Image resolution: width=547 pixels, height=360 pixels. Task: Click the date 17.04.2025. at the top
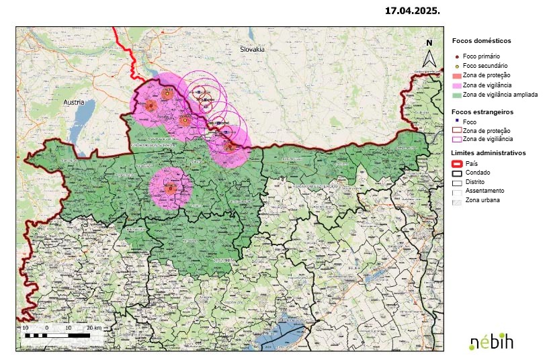[412, 11]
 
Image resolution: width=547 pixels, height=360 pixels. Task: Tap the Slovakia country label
[253, 50]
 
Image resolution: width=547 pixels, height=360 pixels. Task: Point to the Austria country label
[74, 102]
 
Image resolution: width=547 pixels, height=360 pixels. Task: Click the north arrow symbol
[429, 54]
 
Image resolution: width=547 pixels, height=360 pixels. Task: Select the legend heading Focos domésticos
[481, 40]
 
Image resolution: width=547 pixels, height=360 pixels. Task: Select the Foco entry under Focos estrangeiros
[470, 121]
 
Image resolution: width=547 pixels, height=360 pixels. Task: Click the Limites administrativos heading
[488, 152]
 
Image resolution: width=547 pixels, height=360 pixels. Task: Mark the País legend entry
[470, 163]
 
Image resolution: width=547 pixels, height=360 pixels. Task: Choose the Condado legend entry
[476, 173]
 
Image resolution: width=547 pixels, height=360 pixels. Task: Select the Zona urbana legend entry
[482, 200]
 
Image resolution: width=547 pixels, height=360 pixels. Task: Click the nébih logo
[491, 341]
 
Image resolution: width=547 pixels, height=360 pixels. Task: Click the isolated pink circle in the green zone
[170, 188]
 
